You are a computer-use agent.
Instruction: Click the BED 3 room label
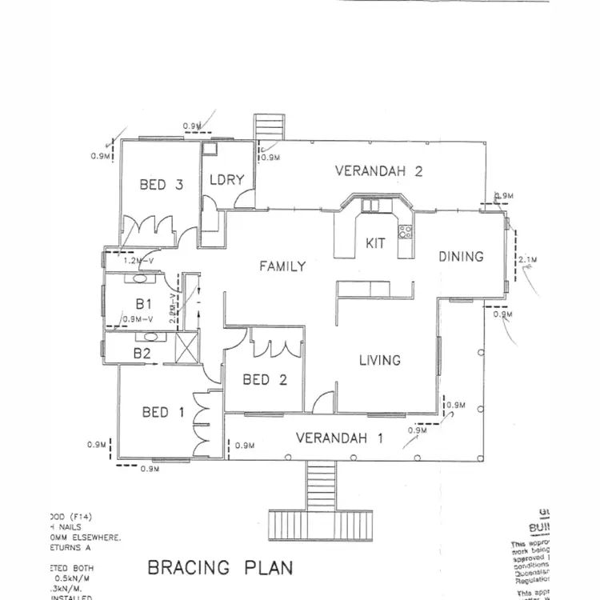pyautogui.click(x=161, y=185)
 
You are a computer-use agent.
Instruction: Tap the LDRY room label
pyautogui.click(x=226, y=180)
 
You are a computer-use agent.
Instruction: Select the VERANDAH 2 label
pyautogui.click(x=378, y=170)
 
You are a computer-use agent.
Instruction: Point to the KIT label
pyautogui.click(x=376, y=243)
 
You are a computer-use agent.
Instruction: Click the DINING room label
pyautogui.click(x=462, y=257)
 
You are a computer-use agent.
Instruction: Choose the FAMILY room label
pyautogui.click(x=282, y=266)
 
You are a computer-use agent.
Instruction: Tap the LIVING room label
pyautogui.click(x=379, y=360)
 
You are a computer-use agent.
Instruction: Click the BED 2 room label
pyautogui.click(x=265, y=380)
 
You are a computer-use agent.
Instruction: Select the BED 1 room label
pyautogui.click(x=162, y=412)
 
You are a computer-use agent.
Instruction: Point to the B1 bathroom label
pyautogui.click(x=143, y=304)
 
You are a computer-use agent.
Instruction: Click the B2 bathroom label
pyautogui.click(x=142, y=351)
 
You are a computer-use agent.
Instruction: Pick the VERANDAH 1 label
pyautogui.click(x=339, y=438)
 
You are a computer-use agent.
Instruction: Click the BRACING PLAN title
pyautogui.click(x=220, y=568)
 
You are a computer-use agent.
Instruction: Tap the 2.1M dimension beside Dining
pyautogui.click(x=527, y=260)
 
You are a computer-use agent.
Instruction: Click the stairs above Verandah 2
pyautogui.click(x=265, y=128)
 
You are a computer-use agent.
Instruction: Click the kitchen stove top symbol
pyautogui.click(x=405, y=234)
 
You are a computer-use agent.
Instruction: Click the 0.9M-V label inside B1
pyautogui.click(x=137, y=319)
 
